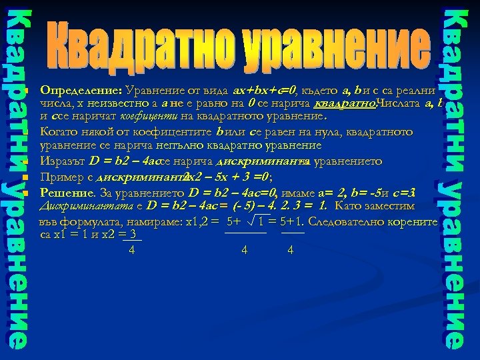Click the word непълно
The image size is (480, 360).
pyautogui.click(x=179, y=145)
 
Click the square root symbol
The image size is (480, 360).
pyautogui.click(x=254, y=221)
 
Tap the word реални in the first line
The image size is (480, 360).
pyautogui.click(x=417, y=90)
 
